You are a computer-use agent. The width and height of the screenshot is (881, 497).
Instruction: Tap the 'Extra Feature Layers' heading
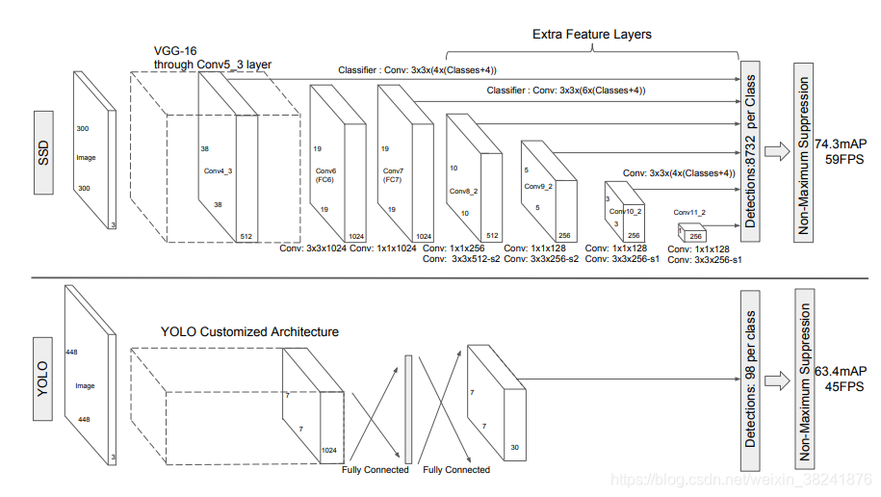click(x=591, y=35)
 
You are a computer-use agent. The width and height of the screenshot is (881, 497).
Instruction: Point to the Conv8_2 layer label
click(x=465, y=191)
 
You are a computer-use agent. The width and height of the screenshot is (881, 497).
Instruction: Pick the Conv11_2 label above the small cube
click(x=690, y=212)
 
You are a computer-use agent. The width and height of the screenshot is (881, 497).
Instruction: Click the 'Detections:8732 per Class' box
click(x=748, y=150)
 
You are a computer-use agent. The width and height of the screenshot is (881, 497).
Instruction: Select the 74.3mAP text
click(x=839, y=144)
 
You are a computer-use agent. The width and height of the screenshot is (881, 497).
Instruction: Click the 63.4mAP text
click(x=839, y=371)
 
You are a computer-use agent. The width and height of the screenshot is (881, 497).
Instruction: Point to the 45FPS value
click(x=839, y=387)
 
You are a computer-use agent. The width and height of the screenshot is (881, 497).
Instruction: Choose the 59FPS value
click(x=839, y=160)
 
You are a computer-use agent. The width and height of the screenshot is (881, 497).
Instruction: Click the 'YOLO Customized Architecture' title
click(x=249, y=331)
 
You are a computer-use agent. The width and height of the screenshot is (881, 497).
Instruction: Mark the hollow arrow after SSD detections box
click(x=776, y=149)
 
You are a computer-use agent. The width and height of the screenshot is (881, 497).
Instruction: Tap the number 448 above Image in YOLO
click(x=70, y=353)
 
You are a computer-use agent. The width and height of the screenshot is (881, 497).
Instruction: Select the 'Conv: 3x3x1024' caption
click(x=312, y=248)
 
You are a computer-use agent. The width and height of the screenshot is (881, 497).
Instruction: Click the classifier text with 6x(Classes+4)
click(x=565, y=91)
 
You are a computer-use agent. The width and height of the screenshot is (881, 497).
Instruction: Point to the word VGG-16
click(x=173, y=51)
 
